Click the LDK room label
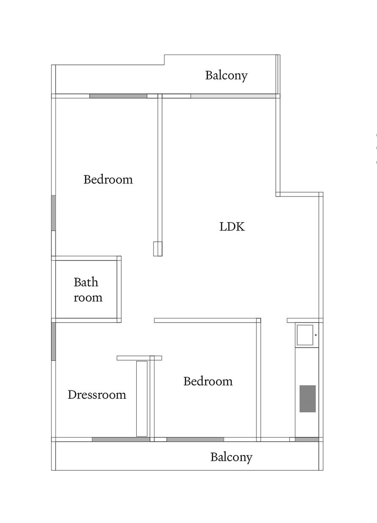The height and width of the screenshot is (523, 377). (x=232, y=227)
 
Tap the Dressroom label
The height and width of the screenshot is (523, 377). (x=97, y=395)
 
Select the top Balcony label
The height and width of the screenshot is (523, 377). (x=226, y=75)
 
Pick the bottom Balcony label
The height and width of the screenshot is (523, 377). (x=231, y=457)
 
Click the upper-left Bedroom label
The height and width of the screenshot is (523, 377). (x=108, y=180)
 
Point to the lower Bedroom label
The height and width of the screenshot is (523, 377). (x=208, y=381)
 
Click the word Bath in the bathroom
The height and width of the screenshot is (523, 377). (x=86, y=282)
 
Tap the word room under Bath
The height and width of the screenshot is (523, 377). (x=88, y=298)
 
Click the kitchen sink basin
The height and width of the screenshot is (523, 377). (x=305, y=335)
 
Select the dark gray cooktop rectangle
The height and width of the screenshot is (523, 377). (x=308, y=399)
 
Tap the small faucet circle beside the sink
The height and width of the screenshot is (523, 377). (x=316, y=335)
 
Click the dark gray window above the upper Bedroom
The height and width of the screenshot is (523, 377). (x=118, y=96)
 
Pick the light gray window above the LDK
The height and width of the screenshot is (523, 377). (x=233, y=96)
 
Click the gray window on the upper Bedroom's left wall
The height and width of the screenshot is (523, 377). (x=53, y=213)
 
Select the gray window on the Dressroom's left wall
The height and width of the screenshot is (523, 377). (x=53, y=341)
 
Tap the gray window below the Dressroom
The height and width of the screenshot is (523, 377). (x=121, y=440)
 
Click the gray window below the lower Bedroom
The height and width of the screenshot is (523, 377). (x=195, y=440)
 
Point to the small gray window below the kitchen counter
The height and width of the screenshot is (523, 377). (x=307, y=440)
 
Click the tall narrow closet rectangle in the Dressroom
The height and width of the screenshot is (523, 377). (x=142, y=398)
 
